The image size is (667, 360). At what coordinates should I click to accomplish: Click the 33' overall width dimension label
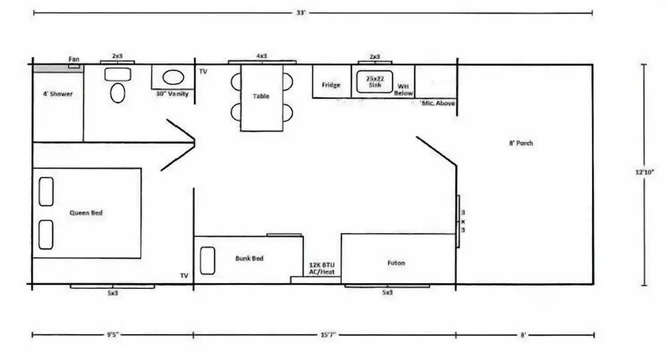point(301,13)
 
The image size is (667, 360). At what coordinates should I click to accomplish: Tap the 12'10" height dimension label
point(644,172)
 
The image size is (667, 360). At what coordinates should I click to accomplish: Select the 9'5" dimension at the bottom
point(113,335)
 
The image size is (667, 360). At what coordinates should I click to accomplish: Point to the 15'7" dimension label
point(328,335)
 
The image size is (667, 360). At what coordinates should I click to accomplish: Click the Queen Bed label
point(86,213)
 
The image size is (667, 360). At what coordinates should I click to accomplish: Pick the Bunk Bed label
point(249,258)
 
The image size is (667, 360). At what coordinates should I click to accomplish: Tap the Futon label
point(396,263)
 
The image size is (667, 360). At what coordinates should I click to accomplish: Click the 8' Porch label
point(521,143)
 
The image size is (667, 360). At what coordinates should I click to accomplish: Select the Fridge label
point(331,85)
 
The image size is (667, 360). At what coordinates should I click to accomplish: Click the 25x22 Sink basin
point(374,82)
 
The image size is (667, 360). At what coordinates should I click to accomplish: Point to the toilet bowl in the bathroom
point(117,93)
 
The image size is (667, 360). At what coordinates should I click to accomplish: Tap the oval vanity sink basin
point(173,77)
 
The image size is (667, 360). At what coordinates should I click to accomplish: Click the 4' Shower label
point(57,93)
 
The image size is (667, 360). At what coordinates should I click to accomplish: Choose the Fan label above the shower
point(74,59)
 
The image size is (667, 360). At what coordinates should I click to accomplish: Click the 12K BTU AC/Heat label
point(321,268)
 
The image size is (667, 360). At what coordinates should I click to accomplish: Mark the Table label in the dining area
point(261,96)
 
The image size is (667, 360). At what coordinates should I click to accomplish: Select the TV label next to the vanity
point(203,71)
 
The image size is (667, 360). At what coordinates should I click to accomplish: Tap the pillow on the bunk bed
point(207,261)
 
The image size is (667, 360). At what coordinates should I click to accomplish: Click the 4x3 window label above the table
point(261,56)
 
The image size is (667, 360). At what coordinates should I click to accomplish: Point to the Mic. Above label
point(438,103)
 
